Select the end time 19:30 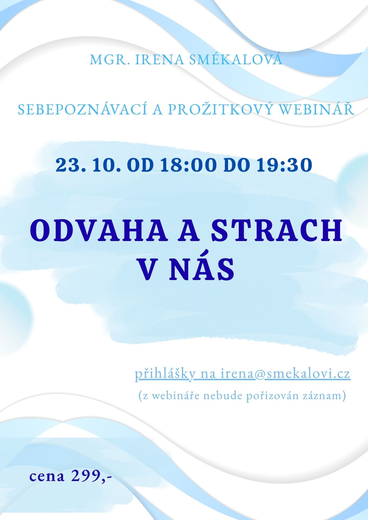click(284, 165)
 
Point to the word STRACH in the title click(277, 230)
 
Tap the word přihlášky click(165, 374)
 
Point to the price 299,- click(92, 476)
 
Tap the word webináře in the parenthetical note click(175, 396)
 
